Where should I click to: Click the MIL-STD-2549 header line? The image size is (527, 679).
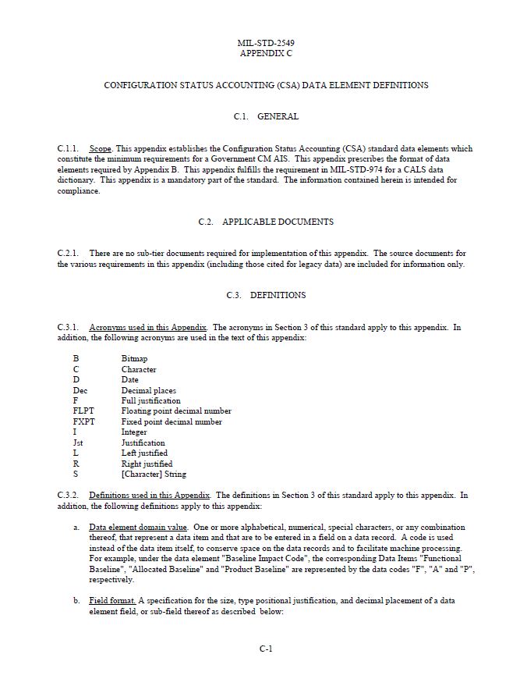[x=266, y=43]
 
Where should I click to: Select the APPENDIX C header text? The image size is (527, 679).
[x=266, y=54]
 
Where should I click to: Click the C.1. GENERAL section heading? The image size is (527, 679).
[x=266, y=116]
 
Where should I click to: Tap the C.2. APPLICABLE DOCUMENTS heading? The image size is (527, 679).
[x=266, y=222]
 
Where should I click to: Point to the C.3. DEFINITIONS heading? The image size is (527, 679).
[x=266, y=295]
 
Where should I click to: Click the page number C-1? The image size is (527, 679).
[x=266, y=649]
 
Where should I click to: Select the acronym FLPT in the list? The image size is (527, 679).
[x=83, y=411]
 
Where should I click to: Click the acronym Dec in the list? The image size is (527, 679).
[x=80, y=390]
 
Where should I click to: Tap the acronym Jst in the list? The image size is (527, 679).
[x=79, y=443]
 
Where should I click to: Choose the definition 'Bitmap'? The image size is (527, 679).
[x=134, y=359]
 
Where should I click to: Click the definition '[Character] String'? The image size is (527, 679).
[x=154, y=474]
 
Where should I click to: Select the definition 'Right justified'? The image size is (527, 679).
[x=147, y=464]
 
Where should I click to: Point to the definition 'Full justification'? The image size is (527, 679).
[x=150, y=400]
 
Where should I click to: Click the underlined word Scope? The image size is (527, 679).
[x=101, y=148]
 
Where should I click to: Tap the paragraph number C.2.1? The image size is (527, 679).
[x=68, y=254]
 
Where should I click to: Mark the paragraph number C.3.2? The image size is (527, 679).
[x=68, y=495]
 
